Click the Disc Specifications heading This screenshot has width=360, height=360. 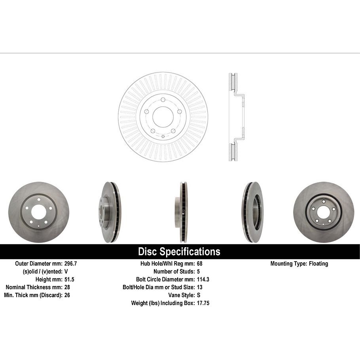coord(179,252)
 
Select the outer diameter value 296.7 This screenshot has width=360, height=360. coord(71,263)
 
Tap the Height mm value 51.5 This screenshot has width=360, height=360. coord(69,279)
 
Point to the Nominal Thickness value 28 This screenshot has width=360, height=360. coord(67,287)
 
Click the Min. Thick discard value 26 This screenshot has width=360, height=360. coord(67,295)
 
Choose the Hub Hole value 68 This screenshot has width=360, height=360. coord(199,263)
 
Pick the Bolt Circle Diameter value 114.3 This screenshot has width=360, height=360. coord(203,279)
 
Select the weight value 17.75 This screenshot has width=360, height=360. coord(203,303)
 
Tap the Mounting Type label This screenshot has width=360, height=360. coord(288,263)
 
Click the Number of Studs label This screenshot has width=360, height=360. coord(174,271)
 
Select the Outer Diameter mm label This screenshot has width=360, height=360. coord(38,263)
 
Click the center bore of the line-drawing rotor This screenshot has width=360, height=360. coord(163,117)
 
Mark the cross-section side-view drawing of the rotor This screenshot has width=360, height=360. coord(236,117)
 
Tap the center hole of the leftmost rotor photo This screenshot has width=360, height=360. coord(38,212)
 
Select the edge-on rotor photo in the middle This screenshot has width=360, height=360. coord(182,212)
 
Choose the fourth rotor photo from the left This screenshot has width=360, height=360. coord(252,212)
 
